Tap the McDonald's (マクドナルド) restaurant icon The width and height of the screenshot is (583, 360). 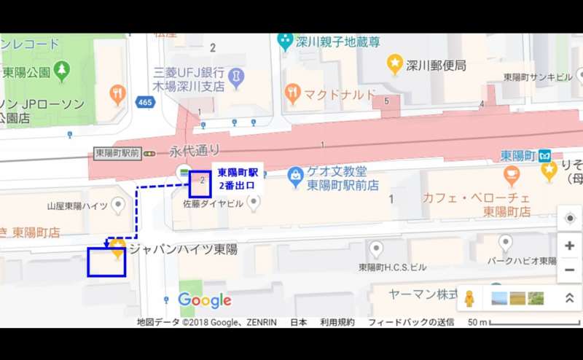pos(293,93)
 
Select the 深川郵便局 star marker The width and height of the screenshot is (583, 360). pos(395,65)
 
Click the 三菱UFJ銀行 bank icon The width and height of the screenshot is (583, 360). pos(236,76)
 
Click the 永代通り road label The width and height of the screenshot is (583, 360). pos(195,151)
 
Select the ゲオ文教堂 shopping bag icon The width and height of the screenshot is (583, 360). pos(294,176)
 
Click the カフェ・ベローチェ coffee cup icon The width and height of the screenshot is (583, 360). pos(512,176)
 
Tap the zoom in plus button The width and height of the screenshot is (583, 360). pos(569,246)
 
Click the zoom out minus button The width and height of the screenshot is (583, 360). pos(569,270)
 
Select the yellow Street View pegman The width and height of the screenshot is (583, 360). pos(470,298)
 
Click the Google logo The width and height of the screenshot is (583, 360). pos(205,300)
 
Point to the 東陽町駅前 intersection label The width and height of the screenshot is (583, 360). pos(117,153)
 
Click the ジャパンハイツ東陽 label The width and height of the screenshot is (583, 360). pos(183,249)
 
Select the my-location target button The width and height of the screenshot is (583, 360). pos(569,218)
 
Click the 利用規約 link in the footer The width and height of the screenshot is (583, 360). pos(337,321)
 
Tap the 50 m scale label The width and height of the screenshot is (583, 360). pos(477,321)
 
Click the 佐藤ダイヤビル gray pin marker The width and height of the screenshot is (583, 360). pos(254,203)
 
